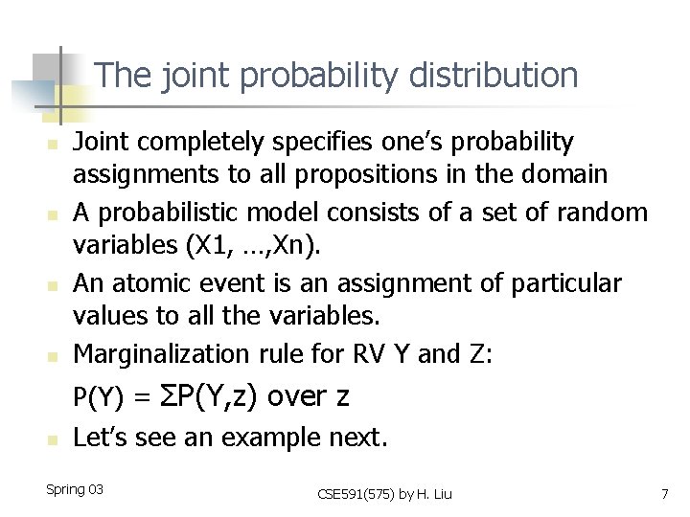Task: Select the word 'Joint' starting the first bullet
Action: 99,143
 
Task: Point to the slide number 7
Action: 664,493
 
